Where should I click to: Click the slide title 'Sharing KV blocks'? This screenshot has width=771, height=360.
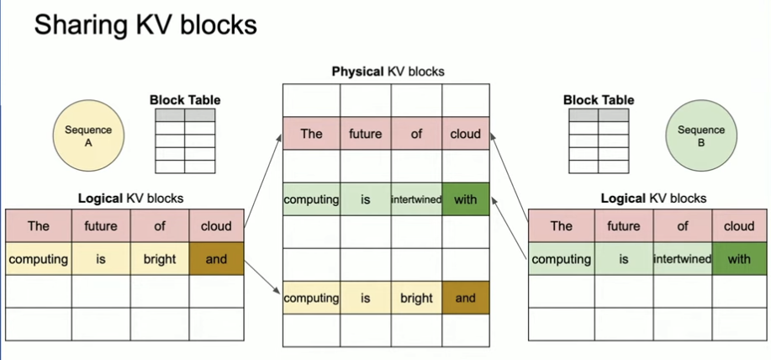coord(145,25)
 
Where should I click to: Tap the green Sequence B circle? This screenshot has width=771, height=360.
coord(700,136)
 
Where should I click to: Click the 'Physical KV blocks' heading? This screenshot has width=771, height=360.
coord(388,71)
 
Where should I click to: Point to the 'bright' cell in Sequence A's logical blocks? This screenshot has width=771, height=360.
coord(159,259)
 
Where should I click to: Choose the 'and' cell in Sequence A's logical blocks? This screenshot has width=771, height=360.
coord(216,259)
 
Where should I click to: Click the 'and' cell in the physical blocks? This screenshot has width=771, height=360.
coord(465,298)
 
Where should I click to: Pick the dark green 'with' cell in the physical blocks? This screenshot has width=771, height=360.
coord(465,199)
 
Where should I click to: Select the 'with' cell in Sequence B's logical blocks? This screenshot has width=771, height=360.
coord(739,259)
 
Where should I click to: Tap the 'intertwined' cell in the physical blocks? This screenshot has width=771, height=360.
coord(416,199)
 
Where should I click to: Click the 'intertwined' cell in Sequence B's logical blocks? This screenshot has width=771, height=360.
coord(682,259)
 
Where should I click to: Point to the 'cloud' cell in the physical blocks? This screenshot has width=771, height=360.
coord(465,134)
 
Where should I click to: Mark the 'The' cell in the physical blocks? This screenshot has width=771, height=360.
coord(311,134)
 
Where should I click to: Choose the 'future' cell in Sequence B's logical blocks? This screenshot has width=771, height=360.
coord(623,225)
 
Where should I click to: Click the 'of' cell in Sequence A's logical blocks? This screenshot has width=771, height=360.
coord(159,225)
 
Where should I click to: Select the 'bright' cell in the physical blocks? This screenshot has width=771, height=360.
coord(416,298)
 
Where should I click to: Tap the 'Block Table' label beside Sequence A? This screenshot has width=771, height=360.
coord(185,100)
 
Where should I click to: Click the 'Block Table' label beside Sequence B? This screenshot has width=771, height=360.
coord(599,100)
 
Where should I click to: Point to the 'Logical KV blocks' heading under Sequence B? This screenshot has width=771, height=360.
coord(653,199)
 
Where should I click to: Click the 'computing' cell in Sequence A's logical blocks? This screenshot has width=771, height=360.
coord(38,259)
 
